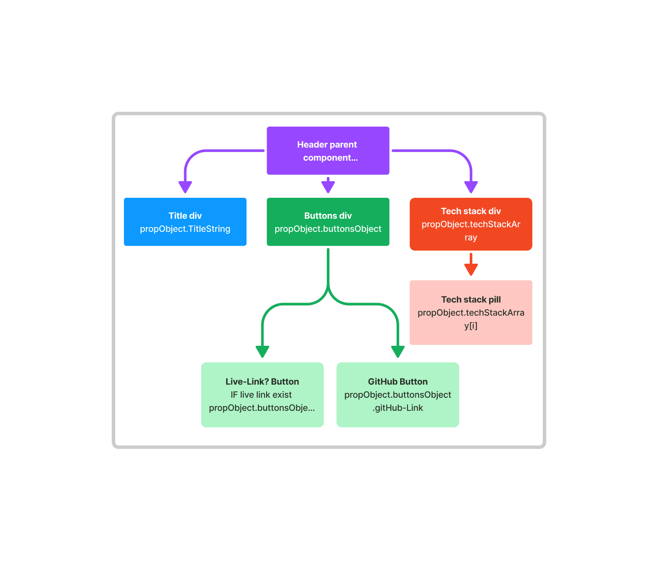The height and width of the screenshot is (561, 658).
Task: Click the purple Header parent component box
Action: [328, 151]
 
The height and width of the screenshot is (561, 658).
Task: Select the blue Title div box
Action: [185, 222]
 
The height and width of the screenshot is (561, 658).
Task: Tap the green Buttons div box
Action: [328, 222]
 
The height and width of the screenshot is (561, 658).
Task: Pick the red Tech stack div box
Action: [471, 224]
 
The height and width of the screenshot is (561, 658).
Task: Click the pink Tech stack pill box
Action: [471, 313]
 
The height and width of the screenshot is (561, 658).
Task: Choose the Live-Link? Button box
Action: [262, 395]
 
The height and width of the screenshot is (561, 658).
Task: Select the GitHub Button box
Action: [398, 395]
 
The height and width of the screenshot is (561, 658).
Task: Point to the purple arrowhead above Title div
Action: [185, 187]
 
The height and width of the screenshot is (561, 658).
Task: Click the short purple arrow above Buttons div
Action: [328, 186]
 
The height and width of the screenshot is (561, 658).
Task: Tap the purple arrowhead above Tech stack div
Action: [471, 187]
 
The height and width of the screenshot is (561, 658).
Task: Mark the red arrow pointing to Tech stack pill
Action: [471, 265]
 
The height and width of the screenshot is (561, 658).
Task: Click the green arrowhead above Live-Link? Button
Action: [262, 351]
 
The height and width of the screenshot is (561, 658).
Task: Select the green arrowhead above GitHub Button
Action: [398, 351]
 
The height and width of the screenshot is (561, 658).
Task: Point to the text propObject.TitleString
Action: [185, 229]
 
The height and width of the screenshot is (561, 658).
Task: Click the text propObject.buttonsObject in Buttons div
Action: [328, 229]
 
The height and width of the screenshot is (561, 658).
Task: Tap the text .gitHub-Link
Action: [398, 408]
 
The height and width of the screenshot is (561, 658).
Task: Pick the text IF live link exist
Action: [261, 395]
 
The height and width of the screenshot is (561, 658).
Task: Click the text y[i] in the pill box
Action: [471, 326]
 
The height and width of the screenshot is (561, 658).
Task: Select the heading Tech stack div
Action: [471, 211]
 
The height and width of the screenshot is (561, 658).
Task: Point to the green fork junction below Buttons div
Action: [328, 291]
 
